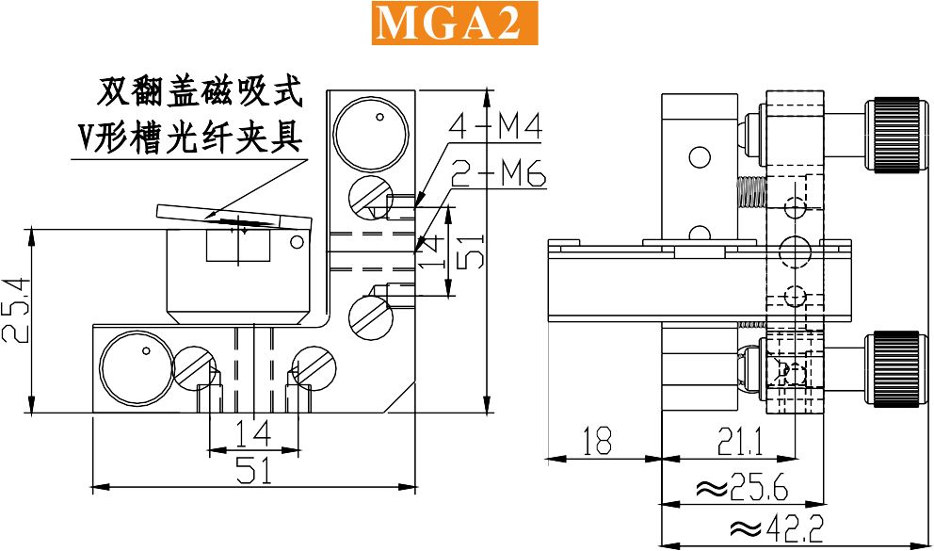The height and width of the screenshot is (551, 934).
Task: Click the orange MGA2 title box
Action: pos(455,24)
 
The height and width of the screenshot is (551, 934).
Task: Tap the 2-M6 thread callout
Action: pos(499,173)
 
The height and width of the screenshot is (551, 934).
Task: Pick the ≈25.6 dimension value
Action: pos(742,489)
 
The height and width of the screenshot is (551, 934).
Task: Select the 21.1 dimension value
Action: pos(740,442)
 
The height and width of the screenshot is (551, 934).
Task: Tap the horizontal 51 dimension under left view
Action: pos(254,470)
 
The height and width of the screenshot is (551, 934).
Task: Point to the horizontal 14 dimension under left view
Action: pos(253,433)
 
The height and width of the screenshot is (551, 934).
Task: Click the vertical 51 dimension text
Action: pos(471,251)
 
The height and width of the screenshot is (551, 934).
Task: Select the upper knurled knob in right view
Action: pos(896,136)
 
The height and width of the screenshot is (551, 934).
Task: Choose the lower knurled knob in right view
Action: pos(896,370)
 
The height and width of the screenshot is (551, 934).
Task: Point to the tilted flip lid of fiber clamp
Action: pos(234,216)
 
